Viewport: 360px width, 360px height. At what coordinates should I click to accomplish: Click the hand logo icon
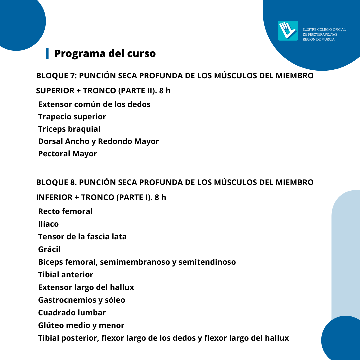pos(288,31)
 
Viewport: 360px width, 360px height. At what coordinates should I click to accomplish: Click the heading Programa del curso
pos(105,53)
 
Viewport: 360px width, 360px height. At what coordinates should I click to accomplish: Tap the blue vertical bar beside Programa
pos(47,53)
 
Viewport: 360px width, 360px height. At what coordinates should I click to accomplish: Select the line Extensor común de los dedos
pos(94,104)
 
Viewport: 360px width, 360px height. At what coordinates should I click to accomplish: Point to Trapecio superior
pos(72,117)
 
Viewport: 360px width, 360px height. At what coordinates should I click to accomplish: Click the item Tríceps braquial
pos(69,129)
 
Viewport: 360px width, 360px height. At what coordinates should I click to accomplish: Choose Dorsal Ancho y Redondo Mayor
pos(98,141)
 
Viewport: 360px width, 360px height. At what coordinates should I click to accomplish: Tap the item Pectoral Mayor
pos(67,154)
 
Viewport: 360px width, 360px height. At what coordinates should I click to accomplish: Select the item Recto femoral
pos(65,211)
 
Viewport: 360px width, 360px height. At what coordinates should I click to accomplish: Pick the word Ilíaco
pos(48,224)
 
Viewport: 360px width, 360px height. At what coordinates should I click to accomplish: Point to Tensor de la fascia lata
pos(82,237)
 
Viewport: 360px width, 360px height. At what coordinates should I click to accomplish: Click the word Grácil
pos(49,249)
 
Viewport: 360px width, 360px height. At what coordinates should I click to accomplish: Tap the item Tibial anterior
pos(66,275)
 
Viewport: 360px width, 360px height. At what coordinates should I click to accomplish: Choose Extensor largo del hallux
pos(86,287)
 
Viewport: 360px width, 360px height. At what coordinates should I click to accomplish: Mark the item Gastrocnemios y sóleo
pos(82,300)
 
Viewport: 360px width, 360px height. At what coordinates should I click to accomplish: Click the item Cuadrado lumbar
pos(72,313)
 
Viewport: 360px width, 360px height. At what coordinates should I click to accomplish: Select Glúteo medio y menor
pos(81,325)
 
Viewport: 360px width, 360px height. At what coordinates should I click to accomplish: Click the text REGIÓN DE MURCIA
pos(318,39)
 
